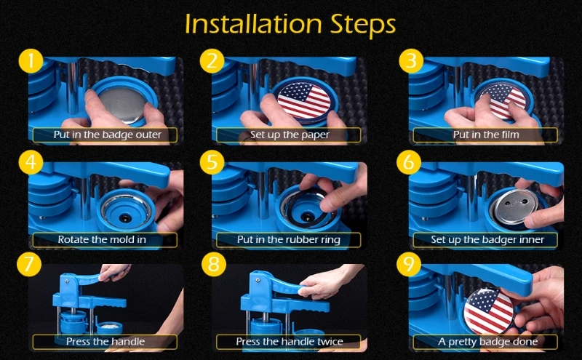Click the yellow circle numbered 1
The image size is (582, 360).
pyautogui.click(x=31, y=61)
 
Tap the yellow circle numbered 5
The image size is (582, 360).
pyautogui.click(x=212, y=162)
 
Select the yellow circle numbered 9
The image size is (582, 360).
pyautogui.click(x=409, y=264)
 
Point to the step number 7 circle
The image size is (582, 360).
pyautogui.click(x=29, y=264)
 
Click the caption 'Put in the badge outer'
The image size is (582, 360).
pyautogui.click(x=108, y=135)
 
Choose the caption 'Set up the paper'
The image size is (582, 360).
pyautogui.click(x=290, y=135)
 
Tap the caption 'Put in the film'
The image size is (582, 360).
pyautogui.click(x=486, y=135)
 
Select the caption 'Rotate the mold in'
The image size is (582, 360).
pyautogui.click(x=102, y=239)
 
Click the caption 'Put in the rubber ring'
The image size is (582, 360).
pyautogui.click(x=289, y=240)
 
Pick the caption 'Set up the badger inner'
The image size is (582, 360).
pyautogui.click(x=487, y=240)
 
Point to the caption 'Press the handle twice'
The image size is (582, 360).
pyautogui.click(x=290, y=341)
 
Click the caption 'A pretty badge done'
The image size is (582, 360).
pyautogui.click(x=487, y=342)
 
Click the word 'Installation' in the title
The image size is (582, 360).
pyautogui.click(x=253, y=24)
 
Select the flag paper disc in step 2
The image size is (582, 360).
pyautogui.click(x=304, y=100)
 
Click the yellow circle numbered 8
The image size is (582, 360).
pyautogui.click(x=214, y=264)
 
